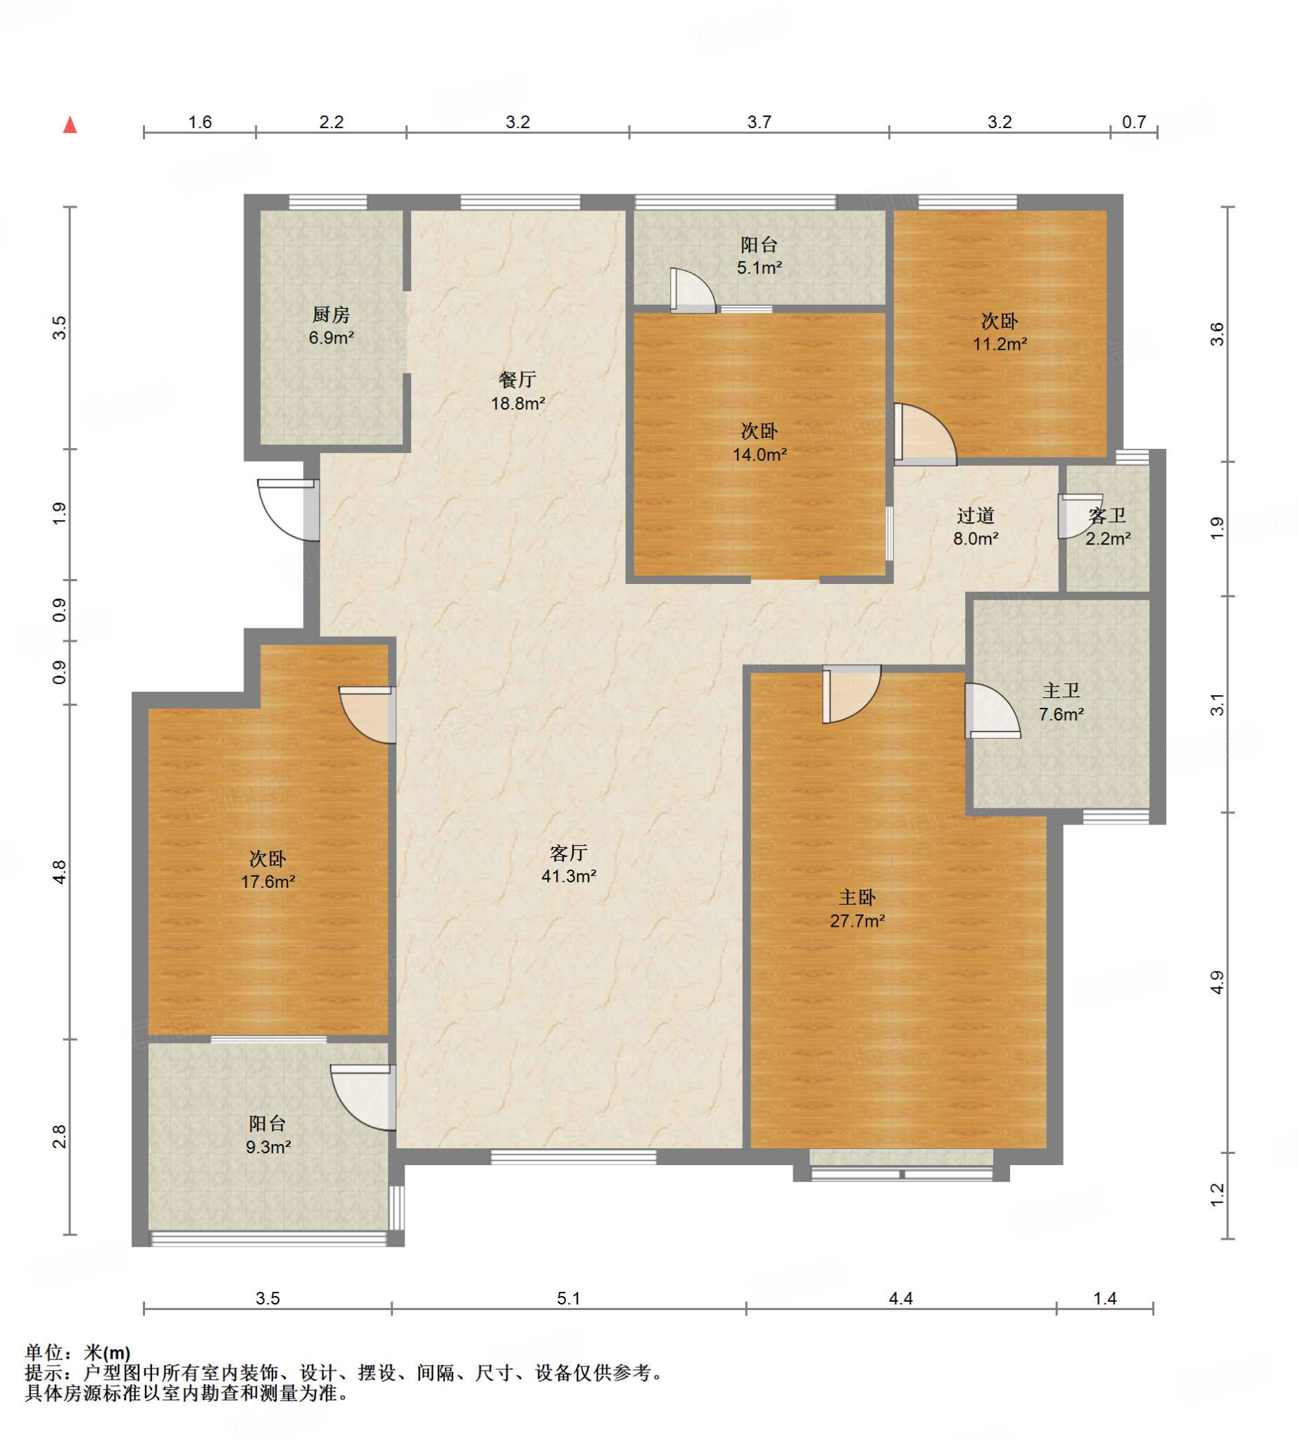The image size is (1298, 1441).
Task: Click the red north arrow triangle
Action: [x=70, y=125]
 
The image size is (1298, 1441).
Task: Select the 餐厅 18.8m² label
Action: [x=518, y=391]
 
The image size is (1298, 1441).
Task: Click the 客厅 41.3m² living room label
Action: [x=569, y=864]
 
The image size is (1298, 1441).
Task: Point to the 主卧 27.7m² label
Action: [x=857, y=908]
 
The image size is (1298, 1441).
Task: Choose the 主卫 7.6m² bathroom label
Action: [x=1061, y=702]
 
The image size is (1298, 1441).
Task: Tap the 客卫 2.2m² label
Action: [x=1107, y=526]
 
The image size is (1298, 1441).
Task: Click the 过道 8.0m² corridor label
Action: [x=976, y=526]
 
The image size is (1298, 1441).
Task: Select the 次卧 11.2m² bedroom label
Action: [x=1000, y=331]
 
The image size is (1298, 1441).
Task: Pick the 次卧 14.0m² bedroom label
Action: [x=760, y=442]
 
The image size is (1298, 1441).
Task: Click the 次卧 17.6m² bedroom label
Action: [x=267, y=870]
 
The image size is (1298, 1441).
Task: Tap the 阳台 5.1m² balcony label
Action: [x=759, y=256]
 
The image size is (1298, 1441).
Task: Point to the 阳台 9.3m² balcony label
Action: [x=267, y=1135]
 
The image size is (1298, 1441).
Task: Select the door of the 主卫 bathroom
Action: [x=992, y=711]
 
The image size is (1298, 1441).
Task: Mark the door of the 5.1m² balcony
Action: [x=692, y=289]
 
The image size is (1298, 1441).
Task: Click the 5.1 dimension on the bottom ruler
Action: [x=569, y=1298]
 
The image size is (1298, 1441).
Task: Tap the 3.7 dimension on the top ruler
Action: [x=759, y=122]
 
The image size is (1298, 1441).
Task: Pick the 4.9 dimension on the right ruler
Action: [x=1218, y=982]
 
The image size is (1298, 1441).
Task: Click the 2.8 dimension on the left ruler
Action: [x=59, y=1136]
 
